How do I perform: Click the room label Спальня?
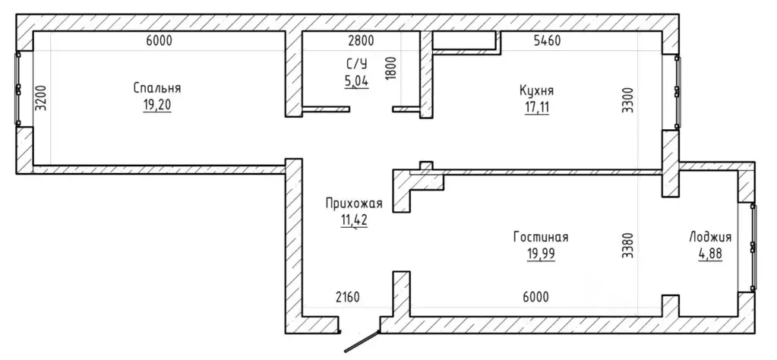[x=156, y=89]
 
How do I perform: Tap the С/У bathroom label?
[x=357, y=64]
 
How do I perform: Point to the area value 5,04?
[x=357, y=80]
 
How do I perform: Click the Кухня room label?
[x=537, y=90]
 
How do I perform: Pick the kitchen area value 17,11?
[x=537, y=107]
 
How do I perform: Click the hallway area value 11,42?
[x=354, y=219]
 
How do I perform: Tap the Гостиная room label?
[x=541, y=237]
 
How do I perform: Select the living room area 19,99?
[x=541, y=254]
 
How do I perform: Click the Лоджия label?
[x=710, y=237]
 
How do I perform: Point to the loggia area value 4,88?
[x=710, y=254]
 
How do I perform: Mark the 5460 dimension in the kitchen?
[x=547, y=41]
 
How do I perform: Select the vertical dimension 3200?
[x=42, y=98]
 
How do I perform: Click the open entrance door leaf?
[x=362, y=342]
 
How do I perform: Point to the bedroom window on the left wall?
[x=18, y=89]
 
